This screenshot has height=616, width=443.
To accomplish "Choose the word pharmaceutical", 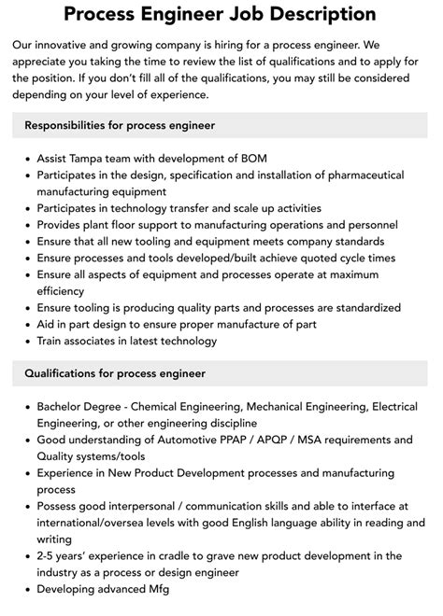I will point(356,175).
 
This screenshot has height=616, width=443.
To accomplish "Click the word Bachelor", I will point(64,407).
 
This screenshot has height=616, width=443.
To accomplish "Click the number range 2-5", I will point(51,556).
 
